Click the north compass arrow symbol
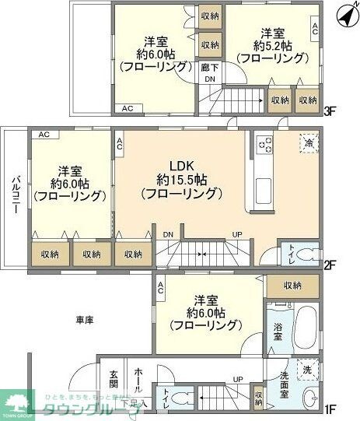(x=344, y=14)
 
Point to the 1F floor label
(x=330, y=407)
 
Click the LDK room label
(x=180, y=165)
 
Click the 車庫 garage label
(x=86, y=320)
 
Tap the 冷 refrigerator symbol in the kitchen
(x=309, y=143)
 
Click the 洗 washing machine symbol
(x=308, y=370)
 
